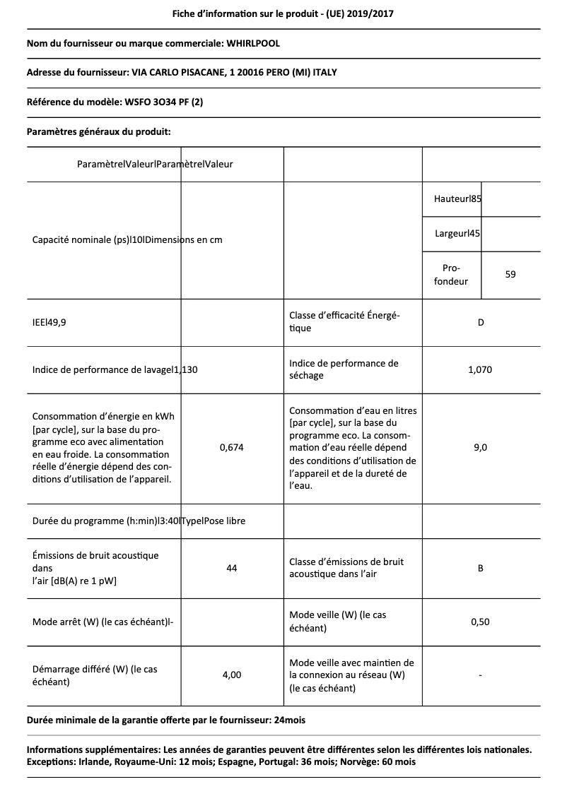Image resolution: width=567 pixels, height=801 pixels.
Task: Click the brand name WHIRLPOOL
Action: coord(252,44)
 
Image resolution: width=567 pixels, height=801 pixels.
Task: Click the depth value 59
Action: coord(510,274)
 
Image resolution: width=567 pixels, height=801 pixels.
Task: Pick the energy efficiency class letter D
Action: coord(481,323)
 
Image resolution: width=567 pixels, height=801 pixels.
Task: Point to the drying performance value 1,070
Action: coord(480,369)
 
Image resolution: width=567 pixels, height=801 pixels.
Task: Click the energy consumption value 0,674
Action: coord(231,447)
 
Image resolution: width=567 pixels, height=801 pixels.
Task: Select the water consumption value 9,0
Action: coord(480,447)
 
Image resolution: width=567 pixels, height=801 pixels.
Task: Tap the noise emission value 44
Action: coord(231,568)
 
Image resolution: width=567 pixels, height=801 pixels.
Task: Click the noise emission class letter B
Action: coord(481,568)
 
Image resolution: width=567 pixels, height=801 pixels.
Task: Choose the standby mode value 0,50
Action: coord(480,622)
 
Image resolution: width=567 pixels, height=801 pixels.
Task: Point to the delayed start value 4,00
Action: coord(231,675)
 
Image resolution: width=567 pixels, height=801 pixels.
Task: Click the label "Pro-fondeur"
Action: coord(451,275)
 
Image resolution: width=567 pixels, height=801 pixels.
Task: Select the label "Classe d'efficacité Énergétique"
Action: coord(345,322)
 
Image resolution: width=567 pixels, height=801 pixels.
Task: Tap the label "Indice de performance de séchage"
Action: coord(344,369)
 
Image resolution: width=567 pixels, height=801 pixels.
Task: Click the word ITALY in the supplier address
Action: coord(334,73)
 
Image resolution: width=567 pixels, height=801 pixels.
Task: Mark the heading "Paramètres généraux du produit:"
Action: coord(98,131)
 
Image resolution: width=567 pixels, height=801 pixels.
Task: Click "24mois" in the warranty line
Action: coord(290,720)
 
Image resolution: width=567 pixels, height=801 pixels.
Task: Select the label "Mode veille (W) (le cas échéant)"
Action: coord(338,622)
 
